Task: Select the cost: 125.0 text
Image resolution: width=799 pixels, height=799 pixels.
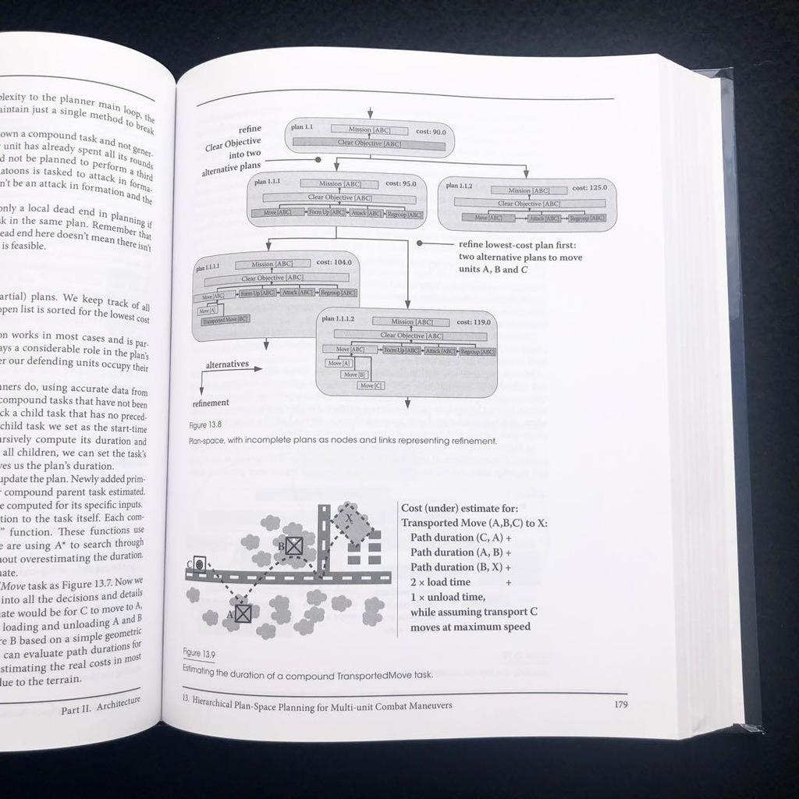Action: [x=589, y=187]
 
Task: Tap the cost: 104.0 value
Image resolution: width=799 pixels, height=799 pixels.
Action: [x=333, y=262]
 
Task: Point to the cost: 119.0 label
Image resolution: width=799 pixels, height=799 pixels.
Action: [x=473, y=321]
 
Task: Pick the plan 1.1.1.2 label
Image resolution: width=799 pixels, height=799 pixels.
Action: [x=338, y=318]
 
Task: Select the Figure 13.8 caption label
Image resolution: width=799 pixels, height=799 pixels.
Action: [x=205, y=426]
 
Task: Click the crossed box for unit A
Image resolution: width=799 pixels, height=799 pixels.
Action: [x=243, y=613]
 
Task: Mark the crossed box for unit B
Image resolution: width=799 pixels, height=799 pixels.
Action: [x=293, y=546]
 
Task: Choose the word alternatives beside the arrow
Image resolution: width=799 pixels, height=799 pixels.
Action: [x=227, y=364]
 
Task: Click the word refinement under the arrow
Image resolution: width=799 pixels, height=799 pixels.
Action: [x=211, y=403]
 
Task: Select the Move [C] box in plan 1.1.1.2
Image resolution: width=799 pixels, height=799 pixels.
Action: [x=371, y=385]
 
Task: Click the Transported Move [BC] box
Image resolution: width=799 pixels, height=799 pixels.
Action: [x=225, y=320]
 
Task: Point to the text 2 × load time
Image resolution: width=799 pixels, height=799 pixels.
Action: [x=440, y=581]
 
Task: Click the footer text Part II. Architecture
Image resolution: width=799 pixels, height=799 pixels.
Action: [x=101, y=705]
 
